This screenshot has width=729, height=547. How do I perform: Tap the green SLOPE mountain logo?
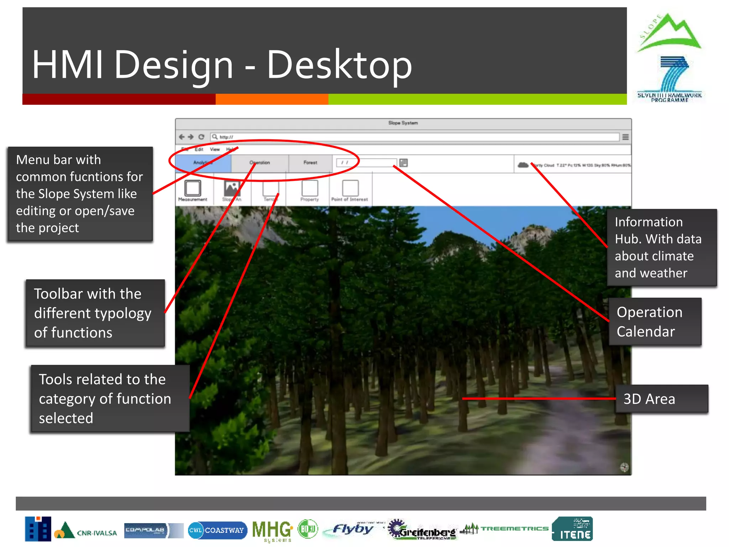coord(669,33)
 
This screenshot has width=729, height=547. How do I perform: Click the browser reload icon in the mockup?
coord(201,137)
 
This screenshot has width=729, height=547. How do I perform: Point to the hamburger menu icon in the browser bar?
coord(625,137)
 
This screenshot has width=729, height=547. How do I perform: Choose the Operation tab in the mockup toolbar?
coord(259,163)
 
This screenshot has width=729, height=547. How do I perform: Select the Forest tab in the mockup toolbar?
coord(310,163)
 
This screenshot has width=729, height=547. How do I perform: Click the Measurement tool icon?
coord(193,188)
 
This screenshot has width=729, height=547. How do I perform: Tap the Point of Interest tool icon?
coord(350,188)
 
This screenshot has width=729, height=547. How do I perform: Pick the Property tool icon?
coord(310,188)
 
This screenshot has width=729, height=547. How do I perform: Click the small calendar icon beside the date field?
coord(403,163)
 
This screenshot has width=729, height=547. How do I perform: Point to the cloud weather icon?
coord(523,165)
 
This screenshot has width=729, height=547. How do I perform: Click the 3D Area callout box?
coord(662,399)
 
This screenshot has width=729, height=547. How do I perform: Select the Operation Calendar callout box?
coord(655,322)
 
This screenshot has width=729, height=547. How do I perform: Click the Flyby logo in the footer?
coord(352,529)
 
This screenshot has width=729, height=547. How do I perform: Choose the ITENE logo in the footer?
coord(572,529)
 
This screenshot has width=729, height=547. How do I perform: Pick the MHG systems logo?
coord(272,530)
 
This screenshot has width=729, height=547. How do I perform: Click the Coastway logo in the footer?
coord(217,530)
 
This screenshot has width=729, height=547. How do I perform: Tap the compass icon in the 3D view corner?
coord(624,467)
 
